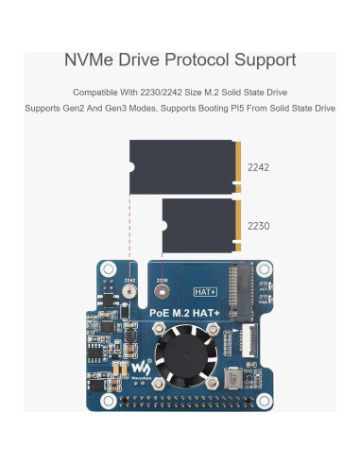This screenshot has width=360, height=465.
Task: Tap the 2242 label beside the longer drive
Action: coord(258,167)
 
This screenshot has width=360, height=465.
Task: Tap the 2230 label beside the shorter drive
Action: coord(258,227)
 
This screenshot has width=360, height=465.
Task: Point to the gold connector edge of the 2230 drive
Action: coord(238,226)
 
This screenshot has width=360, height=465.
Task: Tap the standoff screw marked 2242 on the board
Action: coord(128,295)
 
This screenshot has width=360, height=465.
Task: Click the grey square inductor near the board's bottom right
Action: coord(231,382)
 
